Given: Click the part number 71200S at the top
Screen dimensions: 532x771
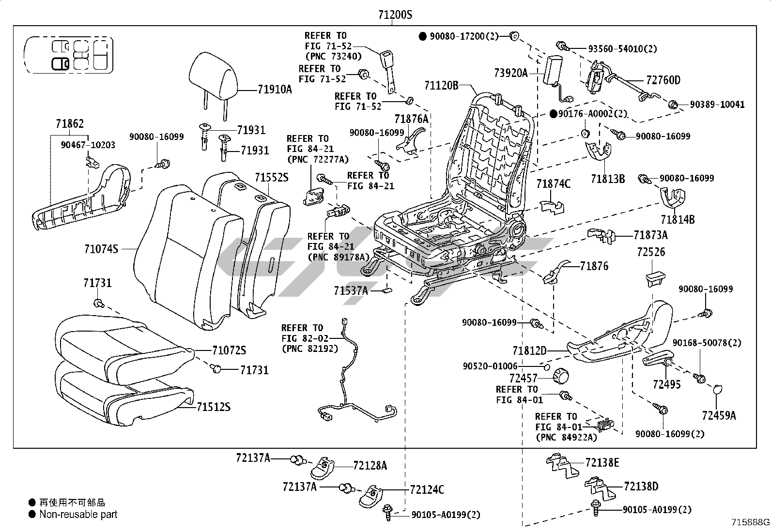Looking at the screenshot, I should point(395,15).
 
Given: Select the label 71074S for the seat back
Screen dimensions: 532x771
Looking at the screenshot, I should point(101,249).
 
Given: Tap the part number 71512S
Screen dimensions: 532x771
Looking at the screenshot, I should point(213,407).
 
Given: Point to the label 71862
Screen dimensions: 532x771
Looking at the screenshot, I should point(70,124).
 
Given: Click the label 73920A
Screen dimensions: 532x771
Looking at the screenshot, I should point(510,73).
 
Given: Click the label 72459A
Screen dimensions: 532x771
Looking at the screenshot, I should point(719,415).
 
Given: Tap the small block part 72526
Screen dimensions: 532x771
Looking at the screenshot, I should point(655,279).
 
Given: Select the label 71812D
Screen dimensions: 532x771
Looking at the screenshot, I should point(529,350).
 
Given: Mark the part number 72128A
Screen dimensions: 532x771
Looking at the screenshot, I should point(370,465).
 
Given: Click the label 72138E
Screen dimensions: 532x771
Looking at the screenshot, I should point(602,462).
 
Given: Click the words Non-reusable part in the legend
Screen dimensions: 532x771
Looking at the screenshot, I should point(78,515).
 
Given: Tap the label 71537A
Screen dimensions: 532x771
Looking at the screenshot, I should point(351,290).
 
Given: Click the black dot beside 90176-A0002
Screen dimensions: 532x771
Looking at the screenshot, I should point(554,114).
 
